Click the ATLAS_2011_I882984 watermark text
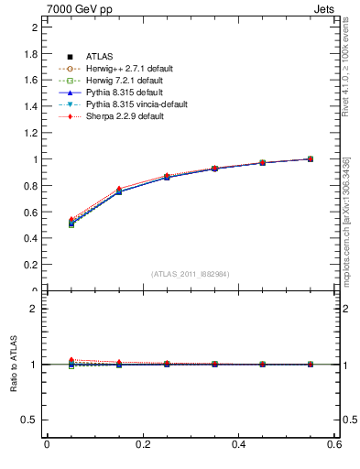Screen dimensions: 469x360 [191, 274]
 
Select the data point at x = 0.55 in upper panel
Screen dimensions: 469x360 [311, 158]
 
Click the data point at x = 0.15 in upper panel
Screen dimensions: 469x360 [119, 191]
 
